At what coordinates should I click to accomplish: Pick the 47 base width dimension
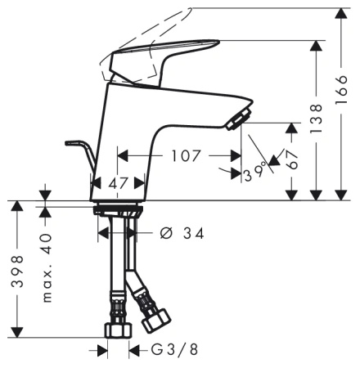(x=119, y=183)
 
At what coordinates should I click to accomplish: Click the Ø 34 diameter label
(x=182, y=234)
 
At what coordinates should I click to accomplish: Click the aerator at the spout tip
(x=236, y=121)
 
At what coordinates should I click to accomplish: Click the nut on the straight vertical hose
(x=118, y=330)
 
